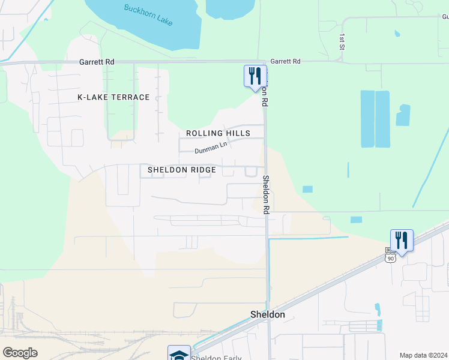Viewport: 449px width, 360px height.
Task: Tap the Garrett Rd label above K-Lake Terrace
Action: click(x=97, y=62)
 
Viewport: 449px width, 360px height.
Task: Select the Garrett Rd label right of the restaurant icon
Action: click(x=285, y=61)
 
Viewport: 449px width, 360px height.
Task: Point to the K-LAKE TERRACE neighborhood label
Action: click(x=113, y=97)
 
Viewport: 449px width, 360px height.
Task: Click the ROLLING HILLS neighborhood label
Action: click(x=217, y=133)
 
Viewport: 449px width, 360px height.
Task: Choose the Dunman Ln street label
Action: click(x=211, y=145)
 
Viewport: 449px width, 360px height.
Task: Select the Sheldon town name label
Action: click(x=267, y=314)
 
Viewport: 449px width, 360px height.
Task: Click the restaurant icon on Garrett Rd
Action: click(x=255, y=76)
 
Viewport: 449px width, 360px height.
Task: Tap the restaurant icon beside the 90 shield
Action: click(x=402, y=240)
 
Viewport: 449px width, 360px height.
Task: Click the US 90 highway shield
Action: click(x=390, y=257)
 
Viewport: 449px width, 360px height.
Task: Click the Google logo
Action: click(x=20, y=353)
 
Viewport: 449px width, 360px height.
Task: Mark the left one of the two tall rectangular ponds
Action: click(x=367, y=119)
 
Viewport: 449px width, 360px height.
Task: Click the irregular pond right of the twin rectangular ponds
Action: click(x=403, y=115)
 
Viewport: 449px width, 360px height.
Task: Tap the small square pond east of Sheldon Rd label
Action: click(x=307, y=189)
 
